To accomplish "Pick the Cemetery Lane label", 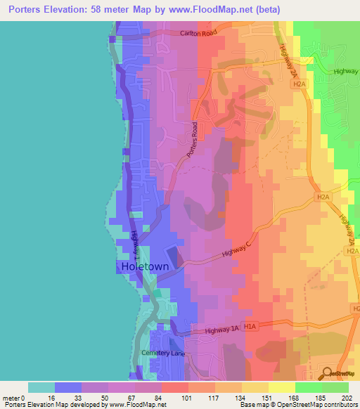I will click(x=162, y=353).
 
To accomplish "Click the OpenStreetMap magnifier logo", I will click(x=327, y=372).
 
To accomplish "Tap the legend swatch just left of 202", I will click(x=335, y=387).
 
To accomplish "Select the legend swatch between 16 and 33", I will click(x=68, y=387).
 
